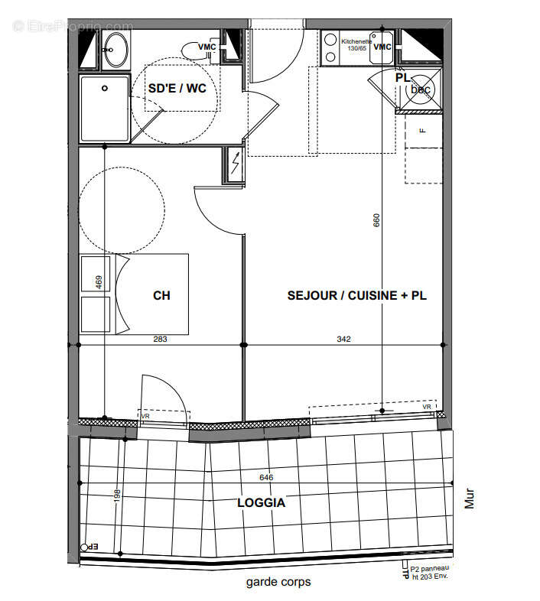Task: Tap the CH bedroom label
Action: [x=161, y=295]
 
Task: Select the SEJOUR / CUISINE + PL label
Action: [x=356, y=295]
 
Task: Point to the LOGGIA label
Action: [x=261, y=502]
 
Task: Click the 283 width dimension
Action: [x=160, y=339]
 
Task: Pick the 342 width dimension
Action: [x=343, y=339]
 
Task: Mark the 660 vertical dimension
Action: [x=376, y=220]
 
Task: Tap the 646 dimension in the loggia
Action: [x=266, y=478]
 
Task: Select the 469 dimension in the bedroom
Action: [x=99, y=281]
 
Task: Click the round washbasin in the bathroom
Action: [x=116, y=50]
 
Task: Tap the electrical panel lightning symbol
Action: [x=235, y=164]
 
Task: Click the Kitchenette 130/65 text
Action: [x=356, y=44]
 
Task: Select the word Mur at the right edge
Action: [x=470, y=499]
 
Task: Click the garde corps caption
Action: [x=278, y=582]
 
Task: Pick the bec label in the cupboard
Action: [x=421, y=89]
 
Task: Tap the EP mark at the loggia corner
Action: [x=91, y=547]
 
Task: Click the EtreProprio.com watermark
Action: [x=73, y=26]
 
